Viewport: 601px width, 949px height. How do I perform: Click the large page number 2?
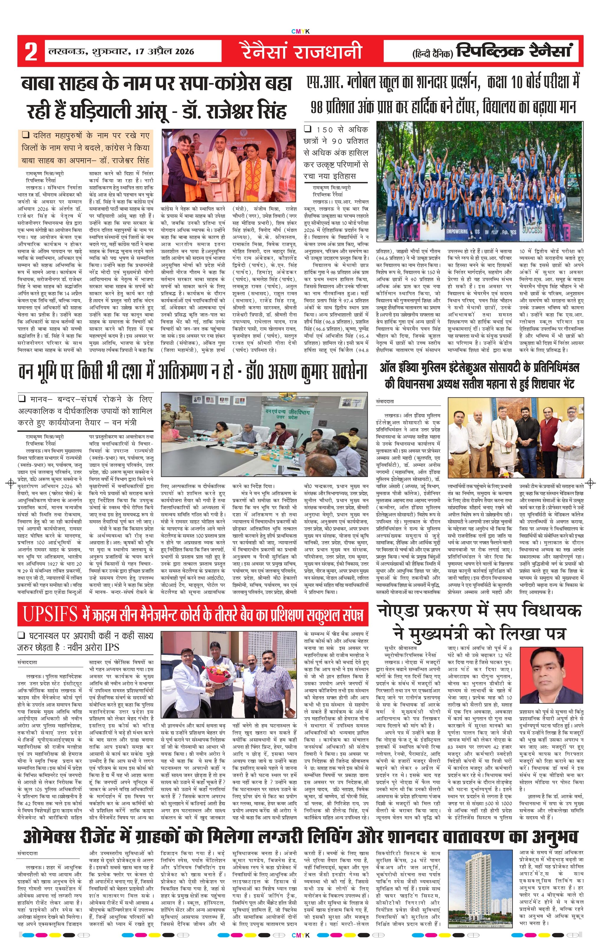click(x=31, y=52)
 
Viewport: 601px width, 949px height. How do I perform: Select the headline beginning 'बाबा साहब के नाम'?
click(x=157, y=97)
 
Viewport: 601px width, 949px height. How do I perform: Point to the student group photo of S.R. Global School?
click(x=479, y=181)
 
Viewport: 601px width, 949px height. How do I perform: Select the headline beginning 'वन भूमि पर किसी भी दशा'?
click(x=193, y=372)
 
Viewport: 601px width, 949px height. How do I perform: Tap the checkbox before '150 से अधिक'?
click(x=308, y=129)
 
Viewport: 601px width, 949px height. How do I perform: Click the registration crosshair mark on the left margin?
click(x=11, y=483)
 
